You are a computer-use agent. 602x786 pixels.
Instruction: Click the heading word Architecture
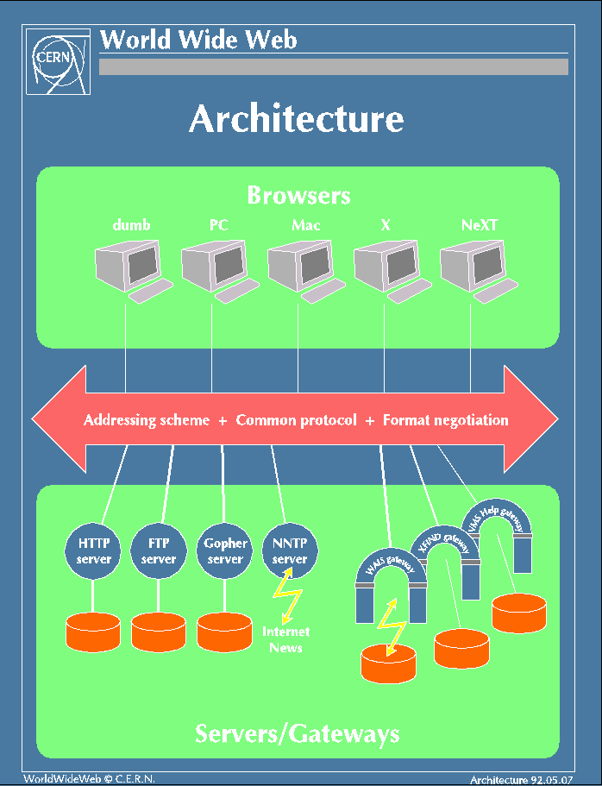click(x=297, y=119)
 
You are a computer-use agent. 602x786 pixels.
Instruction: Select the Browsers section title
click(x=298, y=195)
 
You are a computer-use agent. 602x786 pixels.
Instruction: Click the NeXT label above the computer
click(x=480, y=225)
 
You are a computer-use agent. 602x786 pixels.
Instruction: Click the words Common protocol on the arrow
click(x=296, y=420)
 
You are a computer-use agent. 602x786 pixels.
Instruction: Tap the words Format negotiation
click(x=445, y=420)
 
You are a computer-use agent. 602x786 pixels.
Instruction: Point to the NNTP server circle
click(x=290, y=550)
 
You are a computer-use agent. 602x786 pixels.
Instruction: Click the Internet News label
click(x=285, y=639)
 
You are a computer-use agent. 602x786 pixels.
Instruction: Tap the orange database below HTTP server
click(x=93, y=632)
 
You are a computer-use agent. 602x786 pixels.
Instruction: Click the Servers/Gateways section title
click(x=298, y=733)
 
